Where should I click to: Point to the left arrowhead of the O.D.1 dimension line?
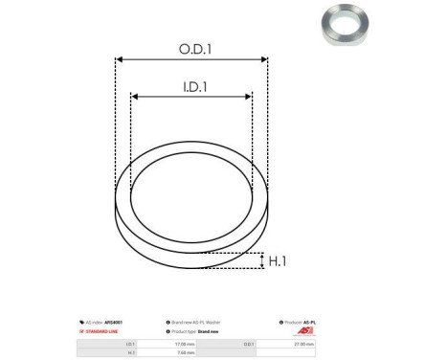[119, 59]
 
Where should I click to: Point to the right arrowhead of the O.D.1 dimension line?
[264, 59]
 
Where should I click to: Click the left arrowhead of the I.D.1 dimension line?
[135, 97]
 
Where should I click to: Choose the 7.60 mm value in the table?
[186, 351]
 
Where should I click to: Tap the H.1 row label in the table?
[130, 351]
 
